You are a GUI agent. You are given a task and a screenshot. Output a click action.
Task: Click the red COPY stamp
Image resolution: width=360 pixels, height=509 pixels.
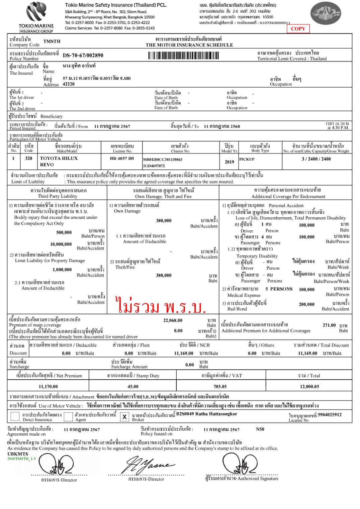pos(298,29)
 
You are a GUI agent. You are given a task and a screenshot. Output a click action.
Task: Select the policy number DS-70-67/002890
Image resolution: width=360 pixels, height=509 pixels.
pos(83,56)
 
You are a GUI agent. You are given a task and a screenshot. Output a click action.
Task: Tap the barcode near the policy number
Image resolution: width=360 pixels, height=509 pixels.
pos(183,56)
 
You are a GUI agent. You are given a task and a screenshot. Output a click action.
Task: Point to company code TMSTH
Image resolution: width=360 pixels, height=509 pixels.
pos(52,41)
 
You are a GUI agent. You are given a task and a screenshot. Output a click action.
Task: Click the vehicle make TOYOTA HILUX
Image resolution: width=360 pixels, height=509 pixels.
pos(59,159)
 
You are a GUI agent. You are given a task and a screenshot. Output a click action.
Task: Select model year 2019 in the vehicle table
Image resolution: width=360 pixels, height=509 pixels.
pos(229,162)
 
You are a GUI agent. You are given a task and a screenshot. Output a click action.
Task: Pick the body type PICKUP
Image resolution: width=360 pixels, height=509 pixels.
pos(247,159)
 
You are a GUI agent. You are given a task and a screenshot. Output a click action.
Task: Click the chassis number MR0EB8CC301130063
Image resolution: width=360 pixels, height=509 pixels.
pos(163,160)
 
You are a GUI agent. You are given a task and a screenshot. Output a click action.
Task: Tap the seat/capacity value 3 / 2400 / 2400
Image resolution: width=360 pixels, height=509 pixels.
pos(316,159)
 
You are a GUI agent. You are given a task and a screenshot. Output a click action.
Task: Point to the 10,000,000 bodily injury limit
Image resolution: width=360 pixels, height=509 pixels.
pos(61,244)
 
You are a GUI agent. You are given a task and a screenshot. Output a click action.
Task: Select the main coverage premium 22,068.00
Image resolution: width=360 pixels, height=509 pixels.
pos(173,320)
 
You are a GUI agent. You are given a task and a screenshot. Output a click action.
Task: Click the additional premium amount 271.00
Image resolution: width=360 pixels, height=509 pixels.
pos(329,325)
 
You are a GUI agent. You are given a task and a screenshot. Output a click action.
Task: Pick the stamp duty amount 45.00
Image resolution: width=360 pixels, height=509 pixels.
pos(133,387)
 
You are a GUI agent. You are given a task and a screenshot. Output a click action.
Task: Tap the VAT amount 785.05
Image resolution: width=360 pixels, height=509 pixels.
pos(220,387)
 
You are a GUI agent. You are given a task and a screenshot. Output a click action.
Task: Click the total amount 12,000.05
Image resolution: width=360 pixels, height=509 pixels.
pos(309,387)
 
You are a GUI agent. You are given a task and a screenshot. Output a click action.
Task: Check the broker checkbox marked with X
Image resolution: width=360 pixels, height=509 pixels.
pos(124,417)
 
